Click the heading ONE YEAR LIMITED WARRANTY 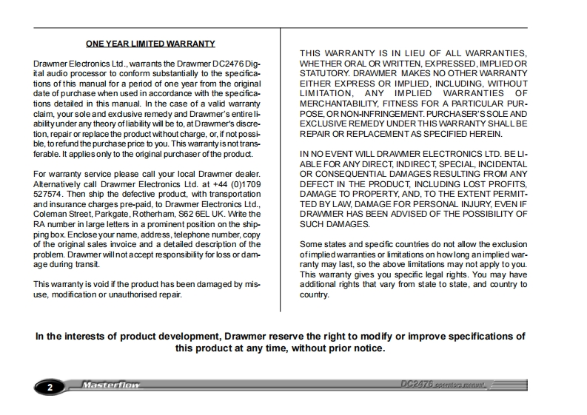pyautogui.click(x=150, y=44)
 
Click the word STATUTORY pyautogui.click(x=324, y=74)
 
